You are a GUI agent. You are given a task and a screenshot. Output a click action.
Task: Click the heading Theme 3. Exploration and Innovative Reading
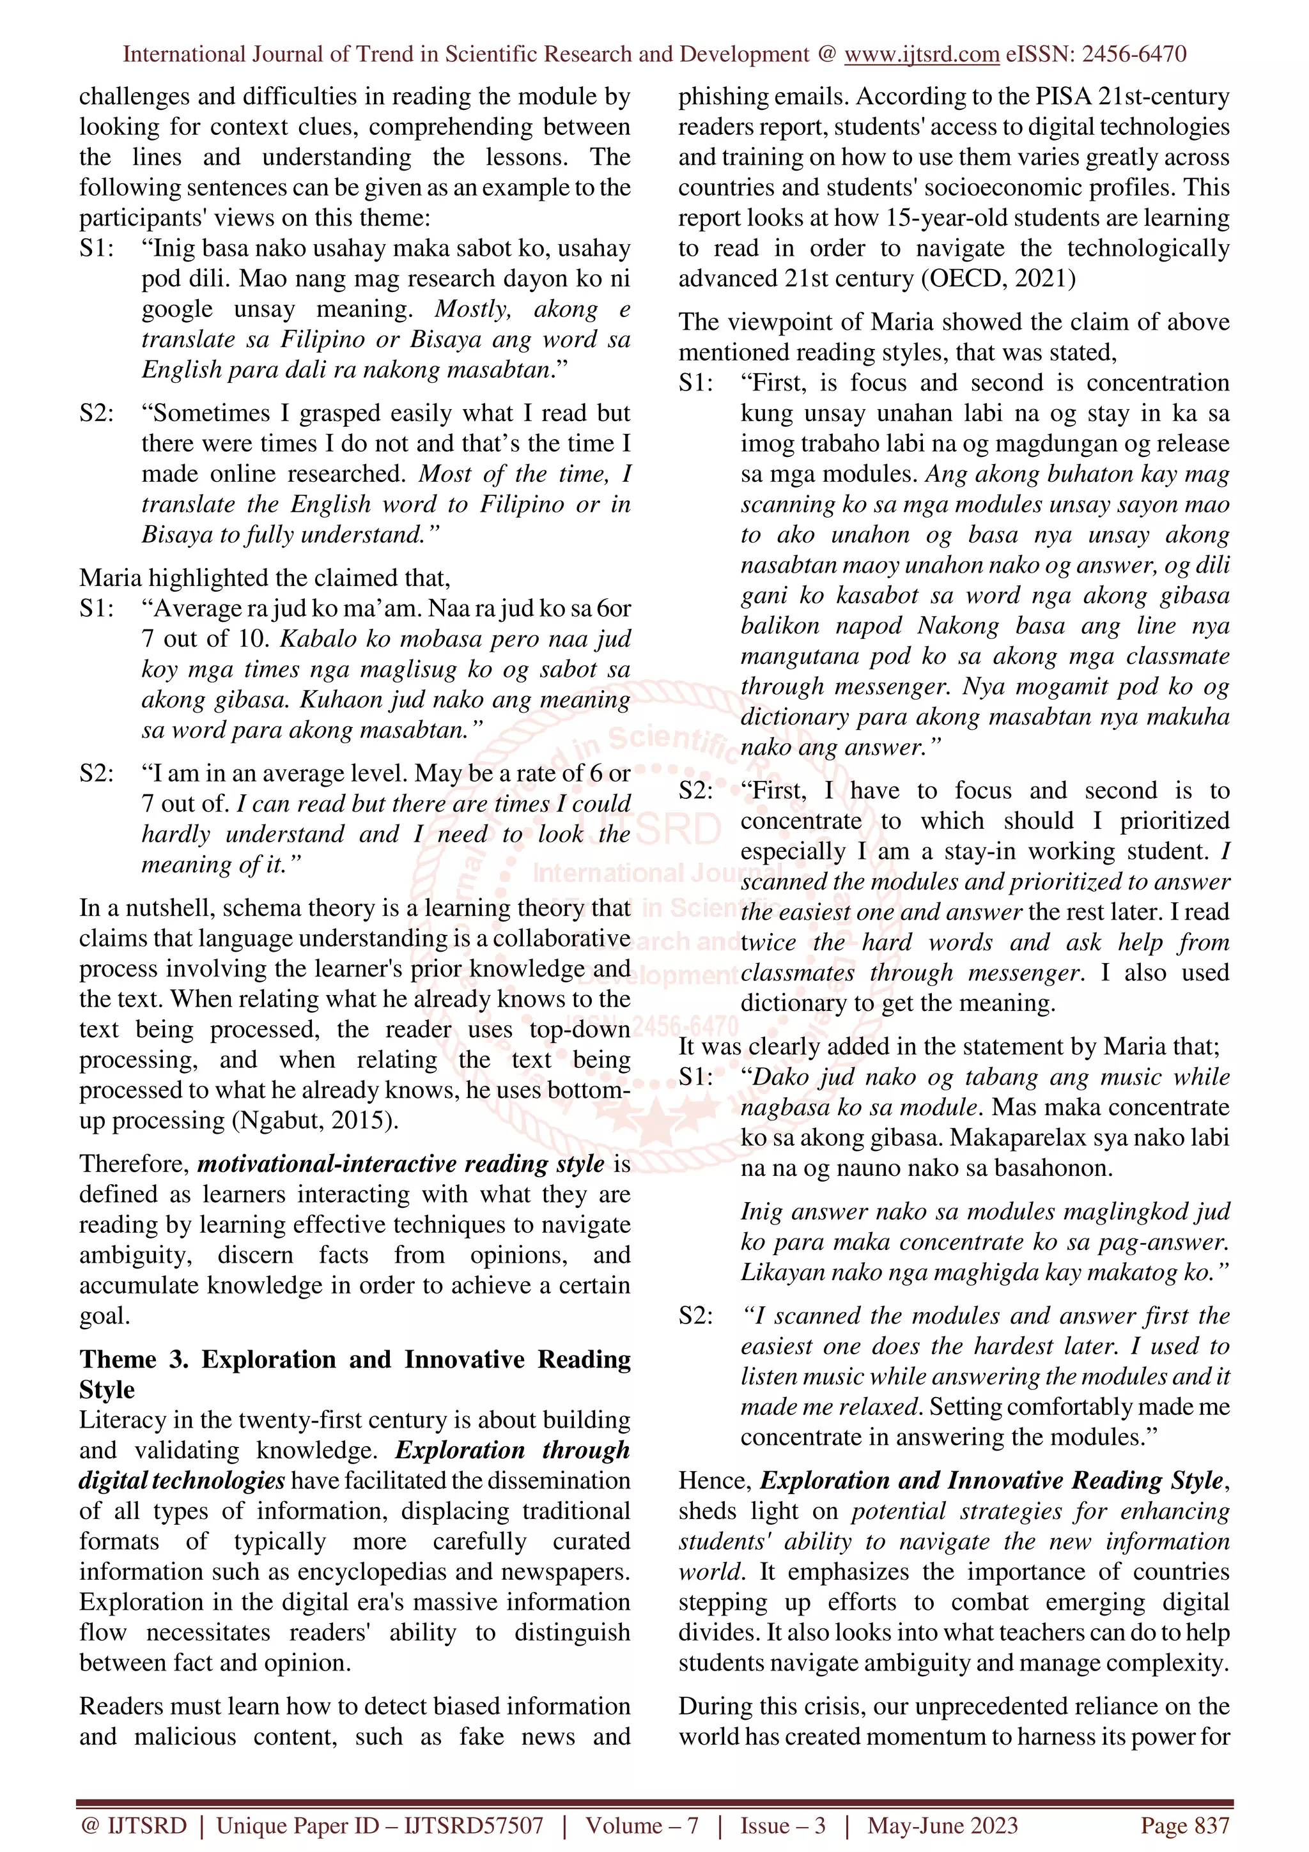pyautogui.click(x=355, y=1359)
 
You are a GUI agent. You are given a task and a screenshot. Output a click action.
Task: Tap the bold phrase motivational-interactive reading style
pyautogui.click(x=401, y=1164)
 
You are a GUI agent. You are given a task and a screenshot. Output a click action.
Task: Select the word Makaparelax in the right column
pyautogui.click(x=1020, y=1138)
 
